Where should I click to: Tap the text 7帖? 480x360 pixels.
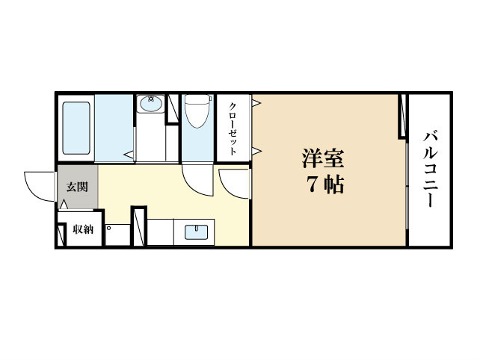(x=323, y=184)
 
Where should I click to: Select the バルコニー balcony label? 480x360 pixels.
(x=431, y=171)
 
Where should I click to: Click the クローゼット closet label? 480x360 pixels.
(x=233, y=128)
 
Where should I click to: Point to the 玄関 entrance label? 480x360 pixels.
(x=77, y=186)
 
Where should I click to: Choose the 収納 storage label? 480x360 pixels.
(x=82, y=229)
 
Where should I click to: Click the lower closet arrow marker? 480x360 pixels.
(x=256, y=152)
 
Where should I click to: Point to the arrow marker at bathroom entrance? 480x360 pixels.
(x=129, y=155)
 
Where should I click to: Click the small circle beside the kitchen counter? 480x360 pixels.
(x=109, y=227)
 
